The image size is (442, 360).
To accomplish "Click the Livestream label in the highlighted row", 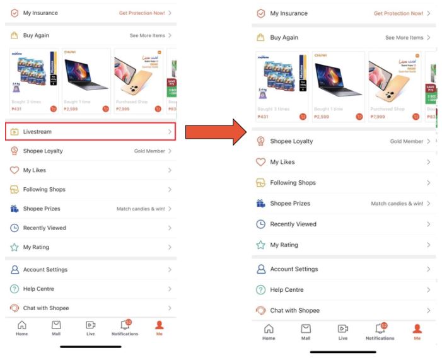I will (x=37, y=132).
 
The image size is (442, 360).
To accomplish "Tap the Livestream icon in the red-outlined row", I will (x=15, y=132).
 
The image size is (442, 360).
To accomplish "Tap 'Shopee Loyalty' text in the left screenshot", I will (x=43, y=151).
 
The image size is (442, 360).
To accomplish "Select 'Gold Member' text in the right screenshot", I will (x=407, y=141).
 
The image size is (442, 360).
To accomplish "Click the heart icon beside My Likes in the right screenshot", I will (x=260, y=162).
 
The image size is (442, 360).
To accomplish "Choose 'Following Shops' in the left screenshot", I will (x=44, y=189).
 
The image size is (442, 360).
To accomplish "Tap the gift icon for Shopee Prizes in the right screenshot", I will (x=260, y=204).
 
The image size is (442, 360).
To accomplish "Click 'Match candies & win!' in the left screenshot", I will (x=141, y=209).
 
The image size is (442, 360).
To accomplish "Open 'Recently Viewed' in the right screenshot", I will (x=293, y=224).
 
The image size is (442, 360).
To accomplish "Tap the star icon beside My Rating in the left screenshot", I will (x=15, y=247).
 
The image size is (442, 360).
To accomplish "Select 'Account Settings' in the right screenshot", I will (x=294, y=269).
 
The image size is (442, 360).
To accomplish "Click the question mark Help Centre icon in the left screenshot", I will (x=15, y=289).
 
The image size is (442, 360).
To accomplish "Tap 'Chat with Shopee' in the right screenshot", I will (x=294, y=311).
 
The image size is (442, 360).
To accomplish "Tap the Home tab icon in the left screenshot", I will (x=22, y=325).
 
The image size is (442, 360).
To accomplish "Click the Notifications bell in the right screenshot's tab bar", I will (x=380, y=328).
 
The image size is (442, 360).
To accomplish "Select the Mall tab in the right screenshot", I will (x=306, y=331).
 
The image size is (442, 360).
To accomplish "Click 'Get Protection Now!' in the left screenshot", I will (x=141, y=13).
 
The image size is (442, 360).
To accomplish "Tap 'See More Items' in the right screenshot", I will (x=404, y=38).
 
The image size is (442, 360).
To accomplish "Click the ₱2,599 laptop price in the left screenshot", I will (x=71, y=109).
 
